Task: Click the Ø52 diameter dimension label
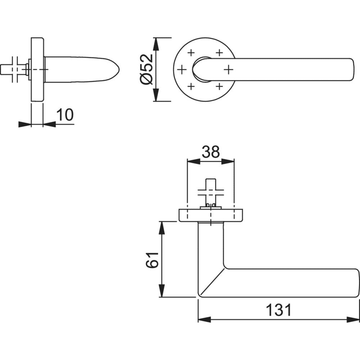[x=146, y=69]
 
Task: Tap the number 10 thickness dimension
[x=65, y=115]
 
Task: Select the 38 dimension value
[x=211, y=152]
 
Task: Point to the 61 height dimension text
[x=152, y=260]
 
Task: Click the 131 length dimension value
[x=279, y=310]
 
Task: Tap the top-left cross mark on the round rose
[x=191, y=53]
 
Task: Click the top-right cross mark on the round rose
[x=220, y=53]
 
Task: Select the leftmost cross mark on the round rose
[x=182, y=69]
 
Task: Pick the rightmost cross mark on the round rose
[x=229, y=69]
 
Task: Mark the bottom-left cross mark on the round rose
[x=191, y=86]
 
